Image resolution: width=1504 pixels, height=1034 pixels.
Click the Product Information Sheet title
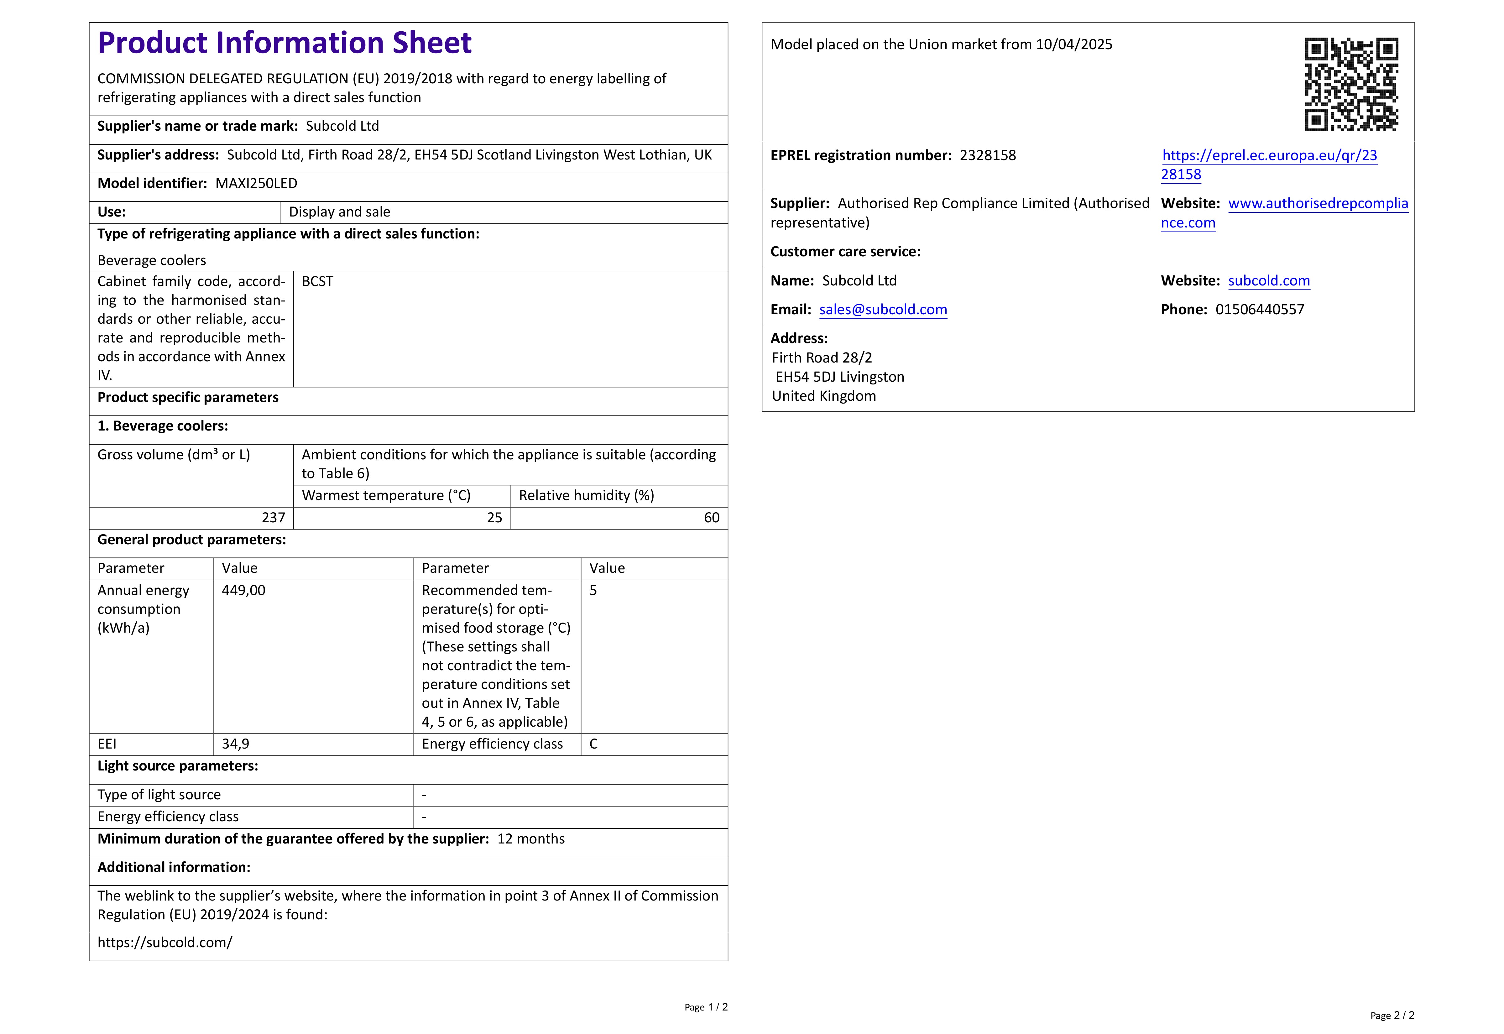coord(284,43)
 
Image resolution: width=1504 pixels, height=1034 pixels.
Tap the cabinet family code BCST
coord(317,281)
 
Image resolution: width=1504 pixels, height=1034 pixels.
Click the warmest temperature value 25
coord(494,518)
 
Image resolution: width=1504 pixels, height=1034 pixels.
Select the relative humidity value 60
coord(711,518)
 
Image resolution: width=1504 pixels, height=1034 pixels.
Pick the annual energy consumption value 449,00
coord(243,590)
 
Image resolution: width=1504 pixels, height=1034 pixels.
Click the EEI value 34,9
coord(235,744)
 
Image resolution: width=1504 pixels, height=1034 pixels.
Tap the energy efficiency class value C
coord(593,744)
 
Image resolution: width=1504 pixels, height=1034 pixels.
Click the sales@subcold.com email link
coord(883,310)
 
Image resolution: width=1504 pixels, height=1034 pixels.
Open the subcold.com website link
coord(1268,280)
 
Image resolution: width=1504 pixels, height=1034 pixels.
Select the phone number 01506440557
coord(1259,310)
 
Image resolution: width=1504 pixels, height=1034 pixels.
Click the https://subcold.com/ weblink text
coord(164,943)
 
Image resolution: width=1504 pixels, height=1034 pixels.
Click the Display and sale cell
coord(339,212)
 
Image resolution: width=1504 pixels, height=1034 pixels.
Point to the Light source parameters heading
coord(177,766)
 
